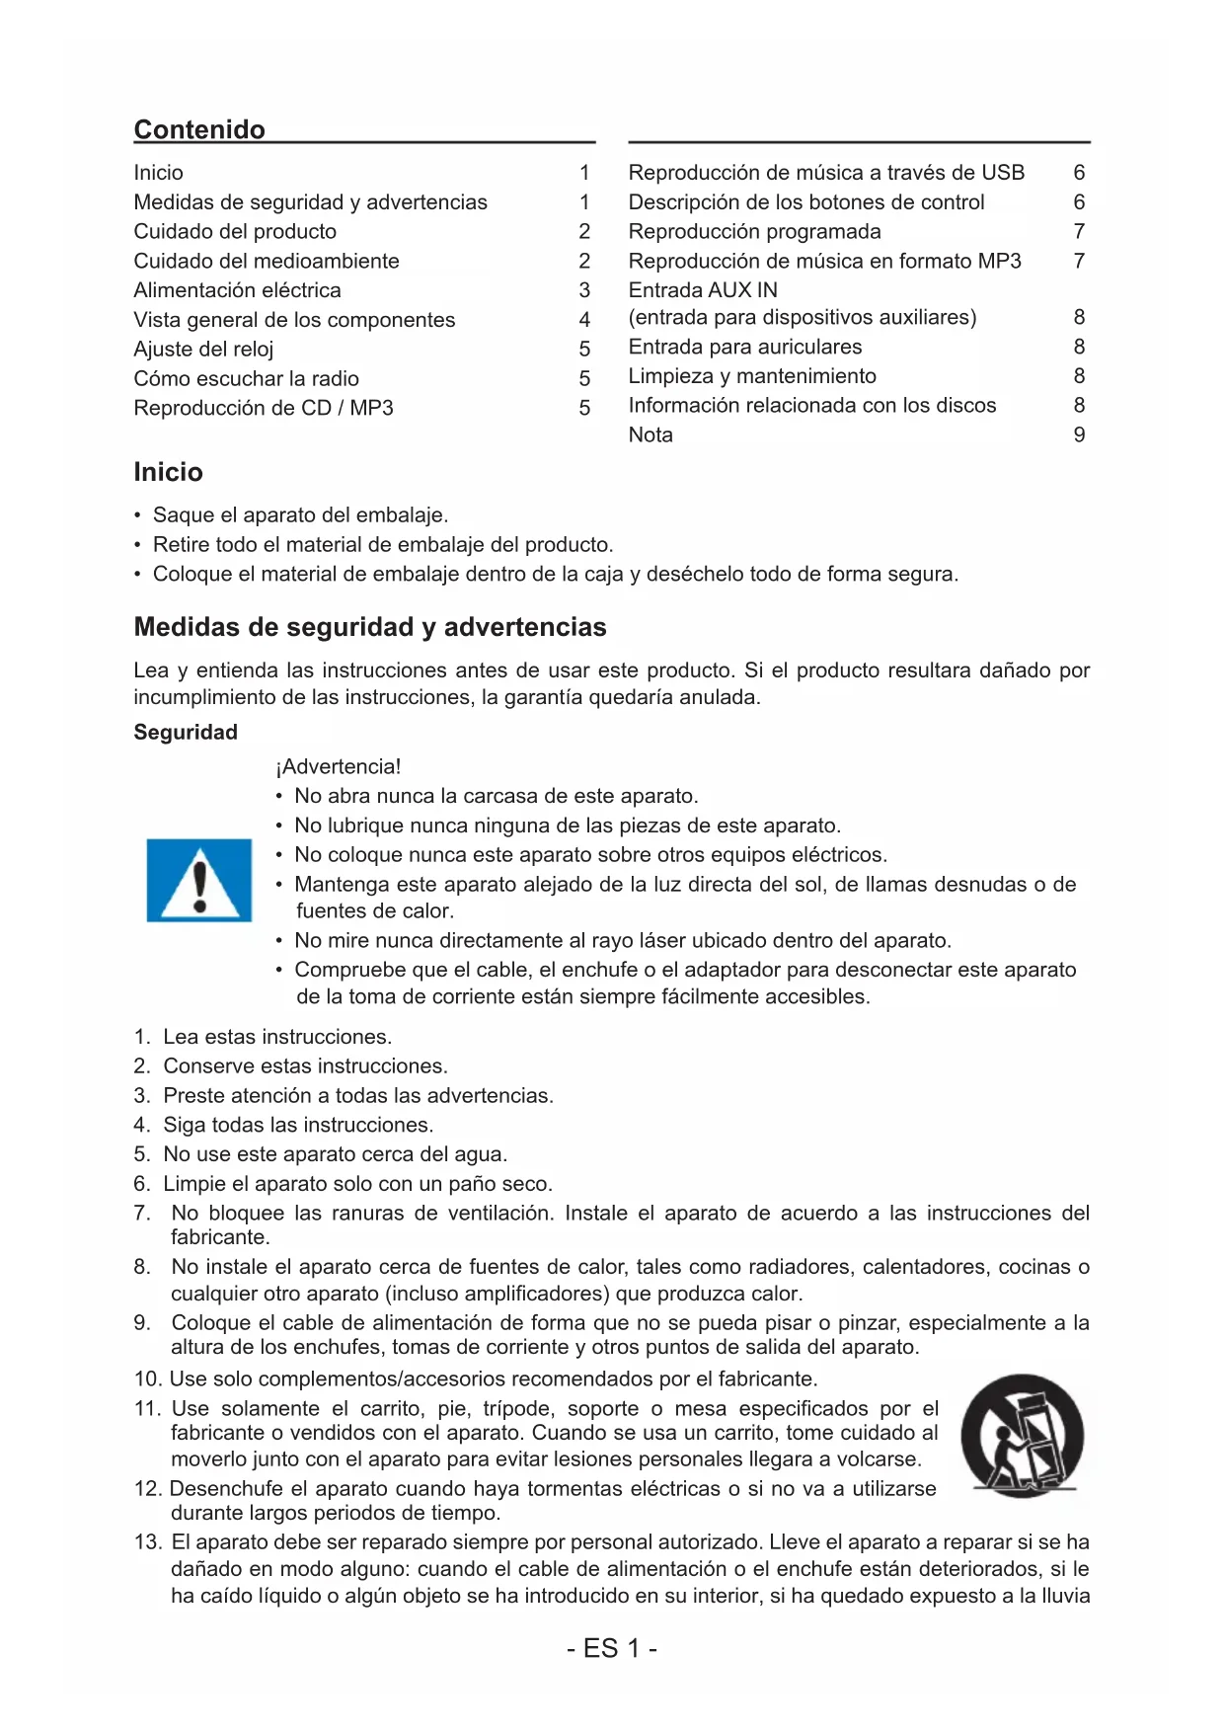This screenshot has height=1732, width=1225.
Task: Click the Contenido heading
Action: pos(199,129)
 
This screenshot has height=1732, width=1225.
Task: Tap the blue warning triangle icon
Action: pos(199,880)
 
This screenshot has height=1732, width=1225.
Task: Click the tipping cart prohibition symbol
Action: pos(1022,1434)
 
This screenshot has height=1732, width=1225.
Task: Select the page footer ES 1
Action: pos(612,1648)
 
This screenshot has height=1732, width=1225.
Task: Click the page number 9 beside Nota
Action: pos(1079,434)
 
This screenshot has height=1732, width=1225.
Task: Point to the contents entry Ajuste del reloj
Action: pos(203,350)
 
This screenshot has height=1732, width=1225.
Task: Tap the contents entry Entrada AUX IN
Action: pos(703,290)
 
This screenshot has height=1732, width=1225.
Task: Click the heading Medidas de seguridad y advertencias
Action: pos(370,627)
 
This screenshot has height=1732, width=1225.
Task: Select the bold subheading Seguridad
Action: pos(186,732)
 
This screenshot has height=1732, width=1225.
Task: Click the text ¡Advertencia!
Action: pos(339,766)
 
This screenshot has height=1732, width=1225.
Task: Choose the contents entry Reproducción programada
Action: pos(754,231)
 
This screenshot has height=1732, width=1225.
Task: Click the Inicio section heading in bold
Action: pos(168,472)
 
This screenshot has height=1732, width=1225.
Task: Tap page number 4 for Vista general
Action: pos(584,320)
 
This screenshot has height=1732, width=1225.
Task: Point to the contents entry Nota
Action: pos(651,434)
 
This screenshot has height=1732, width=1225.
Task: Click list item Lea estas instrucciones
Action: pos(276,1037)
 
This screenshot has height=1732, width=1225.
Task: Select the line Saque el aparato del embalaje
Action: pos(300,515)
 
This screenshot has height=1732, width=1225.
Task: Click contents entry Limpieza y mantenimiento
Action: pos(752,376)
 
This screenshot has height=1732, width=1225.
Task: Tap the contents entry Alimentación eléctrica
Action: pos(237,290)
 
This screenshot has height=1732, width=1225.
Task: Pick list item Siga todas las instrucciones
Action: pos(297,1125)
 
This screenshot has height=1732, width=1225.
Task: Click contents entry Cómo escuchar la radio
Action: pos(246,379)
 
